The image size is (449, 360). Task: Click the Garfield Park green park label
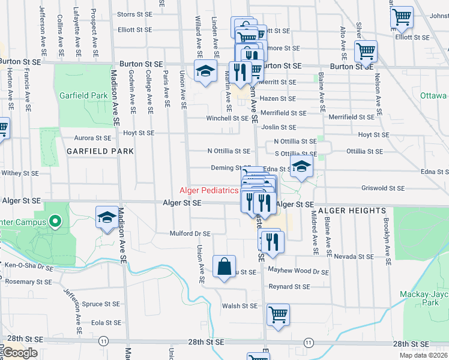coord(83,95)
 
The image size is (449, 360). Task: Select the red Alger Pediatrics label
coord(209,191)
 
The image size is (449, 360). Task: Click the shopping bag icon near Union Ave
coord(224,268)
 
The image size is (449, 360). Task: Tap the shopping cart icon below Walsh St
coord(278,315)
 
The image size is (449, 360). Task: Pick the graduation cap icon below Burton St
coord(205,72)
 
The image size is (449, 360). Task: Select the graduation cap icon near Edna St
coord(302,167)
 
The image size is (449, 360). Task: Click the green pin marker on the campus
coord(55,222)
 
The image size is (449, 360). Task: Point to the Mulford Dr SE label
coord(190,233)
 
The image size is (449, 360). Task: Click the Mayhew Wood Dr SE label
coord(298,272)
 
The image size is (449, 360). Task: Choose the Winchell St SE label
coord(228,118)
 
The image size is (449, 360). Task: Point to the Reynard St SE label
coord(289,287)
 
